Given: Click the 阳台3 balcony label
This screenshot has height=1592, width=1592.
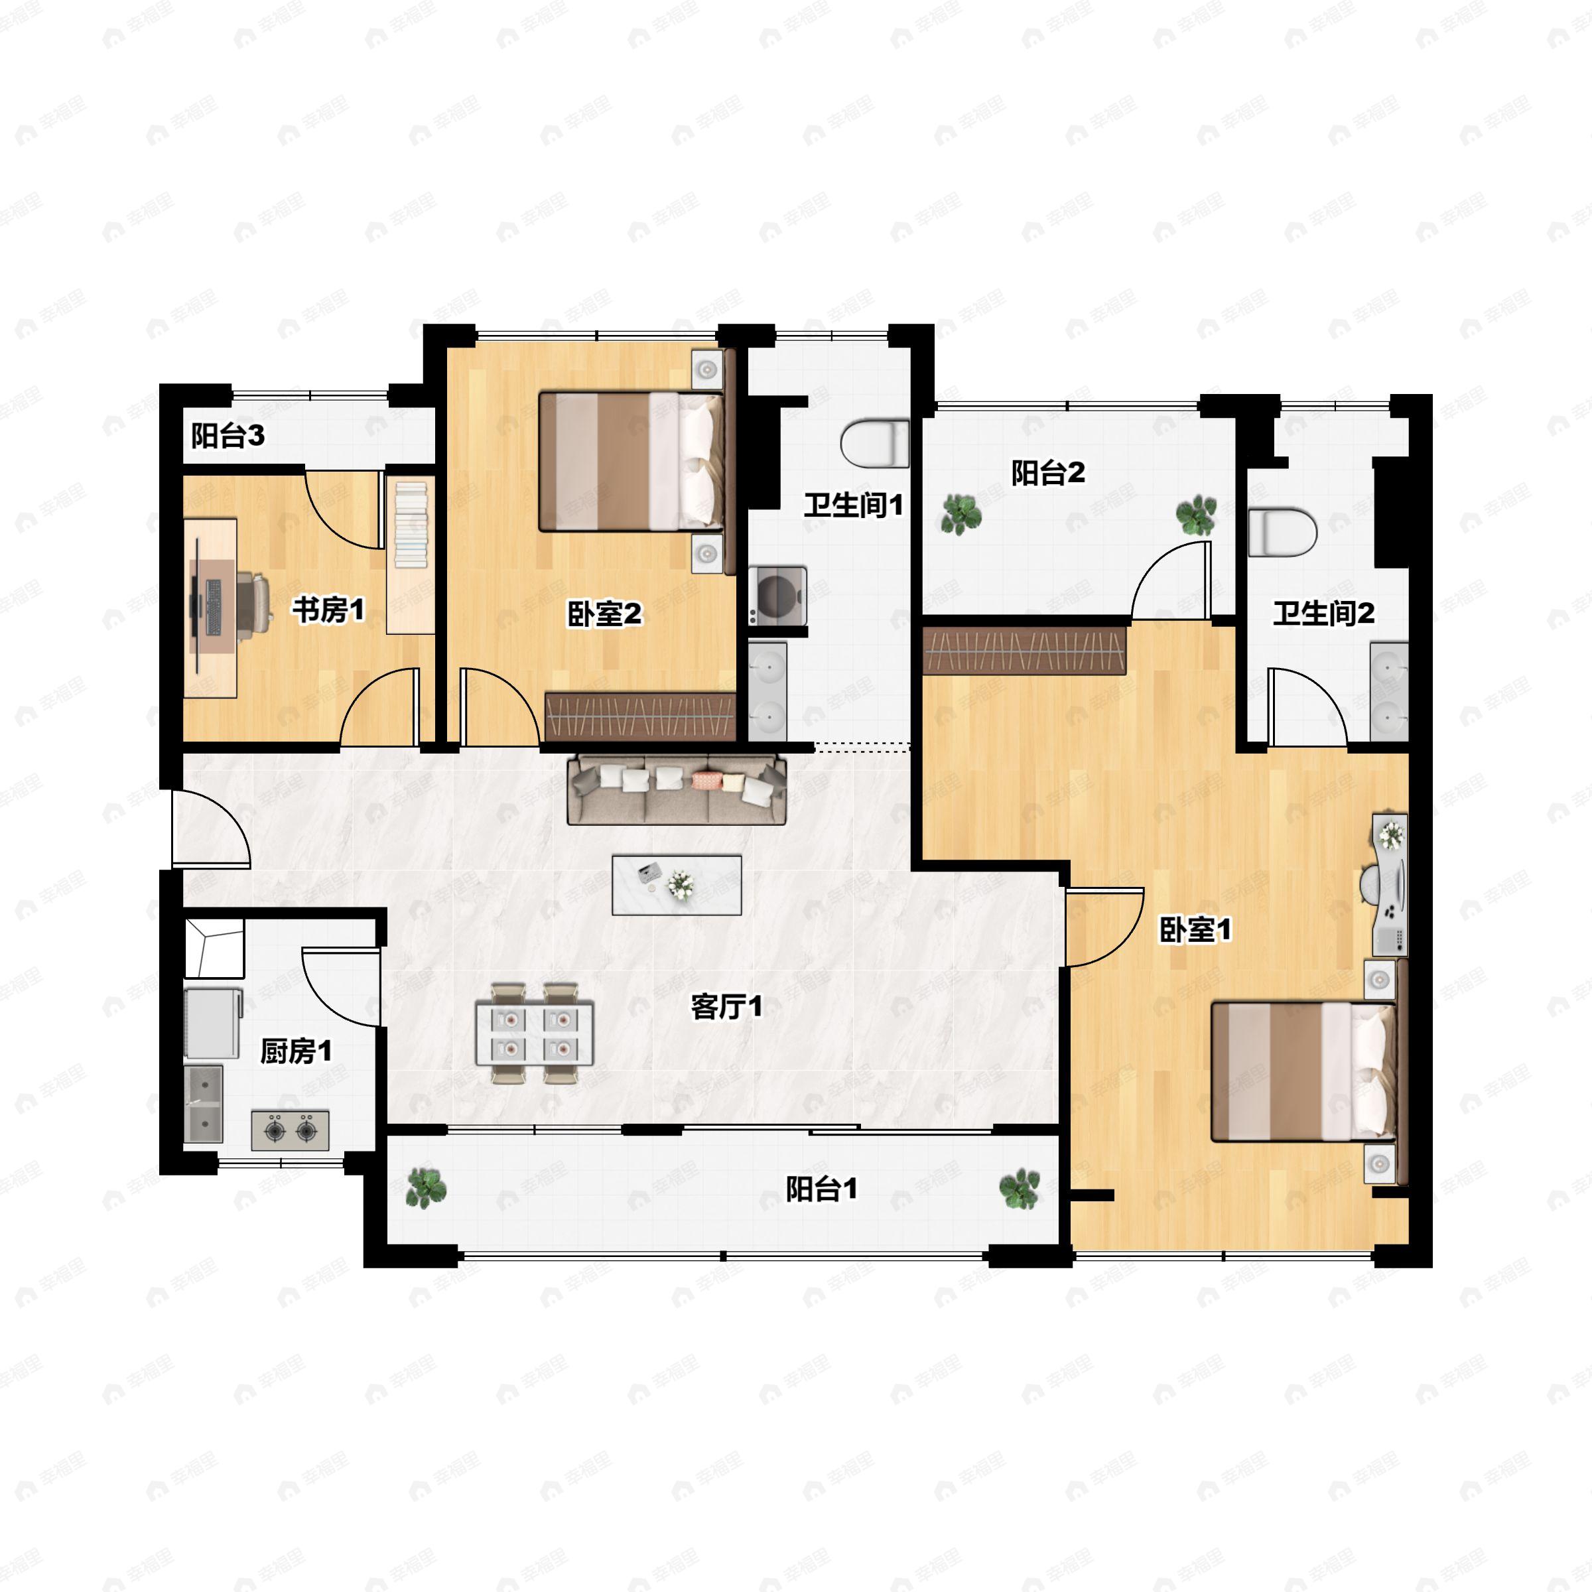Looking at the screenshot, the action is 228,435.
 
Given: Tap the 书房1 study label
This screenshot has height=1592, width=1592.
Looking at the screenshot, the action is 328,610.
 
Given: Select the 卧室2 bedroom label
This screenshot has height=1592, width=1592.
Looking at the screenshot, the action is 604,614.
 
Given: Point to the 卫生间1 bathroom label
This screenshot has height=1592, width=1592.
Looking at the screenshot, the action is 854,505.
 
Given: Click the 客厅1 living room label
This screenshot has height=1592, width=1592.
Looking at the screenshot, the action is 727,1006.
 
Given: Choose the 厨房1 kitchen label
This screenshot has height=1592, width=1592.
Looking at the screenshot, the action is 297,1051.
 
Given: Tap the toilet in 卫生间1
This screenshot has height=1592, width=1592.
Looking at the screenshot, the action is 875,443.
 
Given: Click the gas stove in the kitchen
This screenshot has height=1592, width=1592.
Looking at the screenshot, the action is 290,1130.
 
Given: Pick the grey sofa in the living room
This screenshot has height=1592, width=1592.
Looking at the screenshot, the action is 677,789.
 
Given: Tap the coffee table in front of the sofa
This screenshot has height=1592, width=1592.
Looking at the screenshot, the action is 677,885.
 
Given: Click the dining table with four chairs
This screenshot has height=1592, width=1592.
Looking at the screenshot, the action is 534,1033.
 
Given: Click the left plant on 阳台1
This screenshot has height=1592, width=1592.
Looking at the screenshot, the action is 426,1188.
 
